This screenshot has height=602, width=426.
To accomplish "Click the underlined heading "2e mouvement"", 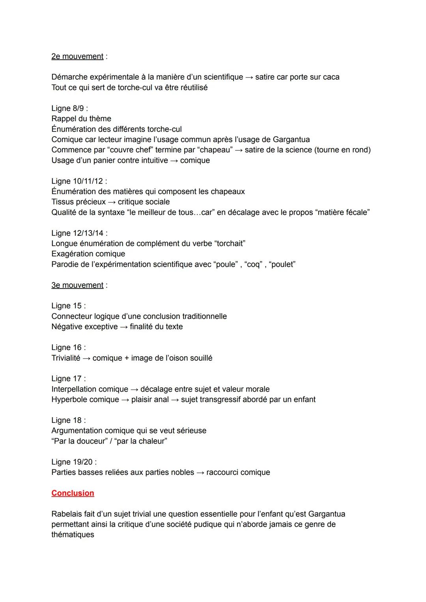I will point(77,56).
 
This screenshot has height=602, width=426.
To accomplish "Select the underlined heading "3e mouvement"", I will point(77,285).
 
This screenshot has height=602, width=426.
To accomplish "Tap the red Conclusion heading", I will point(73,493).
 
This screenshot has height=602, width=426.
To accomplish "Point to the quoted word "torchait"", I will point(230,244).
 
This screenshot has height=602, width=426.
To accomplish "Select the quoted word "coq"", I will point(253,264).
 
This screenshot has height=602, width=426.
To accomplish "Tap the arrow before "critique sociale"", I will point(112,202).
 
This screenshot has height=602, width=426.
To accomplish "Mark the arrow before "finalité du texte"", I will point(123,327).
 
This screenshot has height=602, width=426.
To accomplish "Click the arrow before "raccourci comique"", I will point(200,473).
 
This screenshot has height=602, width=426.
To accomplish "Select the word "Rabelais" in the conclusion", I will point(67,514).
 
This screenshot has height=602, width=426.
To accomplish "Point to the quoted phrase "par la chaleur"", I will point(141,441).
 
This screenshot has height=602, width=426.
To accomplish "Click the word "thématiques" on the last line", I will point(73,535).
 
